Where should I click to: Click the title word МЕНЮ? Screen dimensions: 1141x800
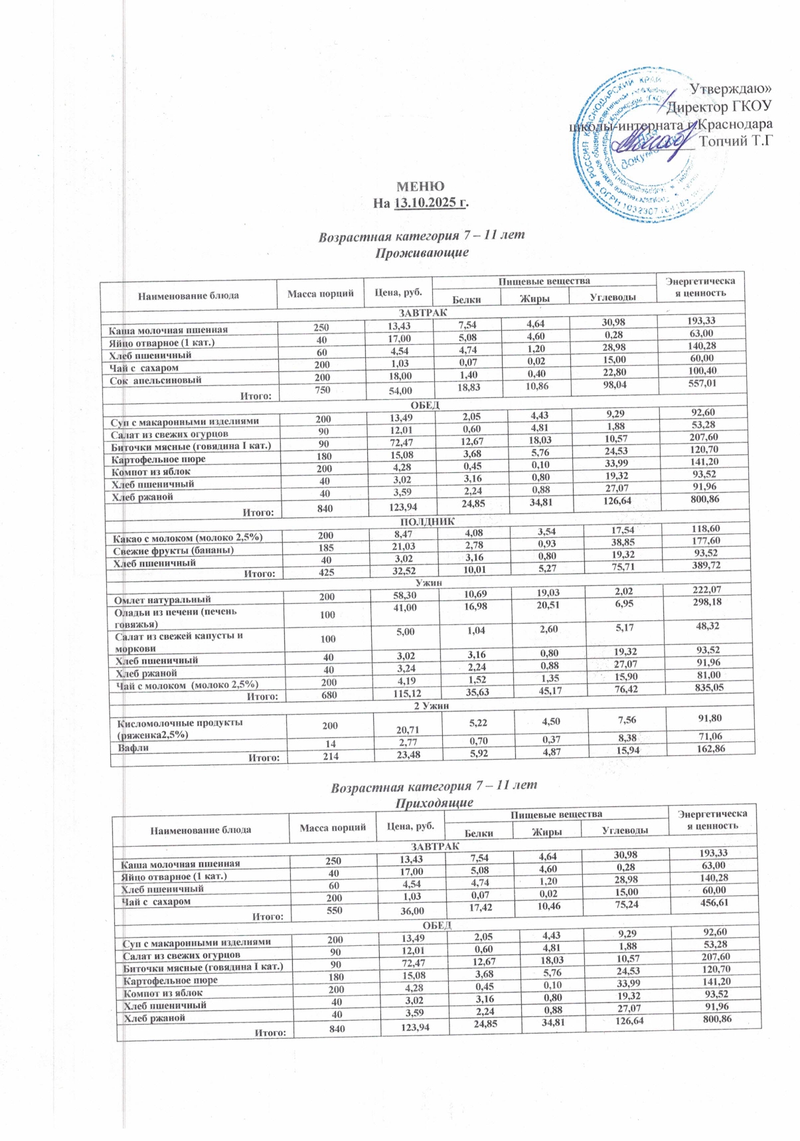pos(420,186)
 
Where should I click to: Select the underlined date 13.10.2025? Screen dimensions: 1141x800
pos(430,203)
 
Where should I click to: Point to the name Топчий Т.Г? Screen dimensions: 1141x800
pos(736,140)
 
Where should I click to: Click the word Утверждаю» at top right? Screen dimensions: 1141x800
pos(731,88)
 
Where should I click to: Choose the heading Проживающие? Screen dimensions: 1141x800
pos(422,253)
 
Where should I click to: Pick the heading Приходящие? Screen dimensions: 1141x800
pos(434,803)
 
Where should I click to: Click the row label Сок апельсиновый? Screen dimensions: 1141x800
pos(155,381)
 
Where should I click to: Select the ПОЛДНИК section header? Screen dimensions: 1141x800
pos(427,522)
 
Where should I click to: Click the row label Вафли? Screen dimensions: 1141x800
pos(133,748)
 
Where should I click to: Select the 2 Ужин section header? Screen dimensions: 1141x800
pos(432,705)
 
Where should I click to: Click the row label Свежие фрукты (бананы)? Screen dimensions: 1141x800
pos(173,551)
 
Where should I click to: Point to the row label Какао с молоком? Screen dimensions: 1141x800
pos(188,538)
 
